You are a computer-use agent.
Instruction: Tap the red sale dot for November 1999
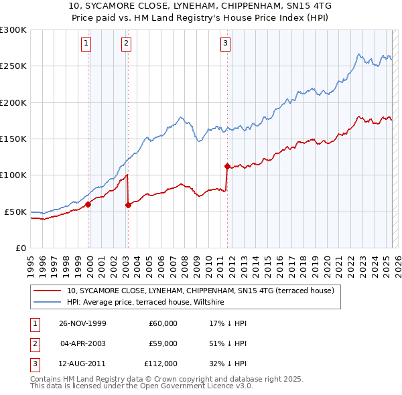(88, 204)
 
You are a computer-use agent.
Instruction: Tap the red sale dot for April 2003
(127, 205)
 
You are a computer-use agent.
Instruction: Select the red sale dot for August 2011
(227, 166)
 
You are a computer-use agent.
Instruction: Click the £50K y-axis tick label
(15, 212)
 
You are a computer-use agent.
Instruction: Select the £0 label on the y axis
(20, 248)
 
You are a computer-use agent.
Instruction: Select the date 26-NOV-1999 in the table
(82, 323)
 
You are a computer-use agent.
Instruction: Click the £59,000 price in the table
(163, 343)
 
